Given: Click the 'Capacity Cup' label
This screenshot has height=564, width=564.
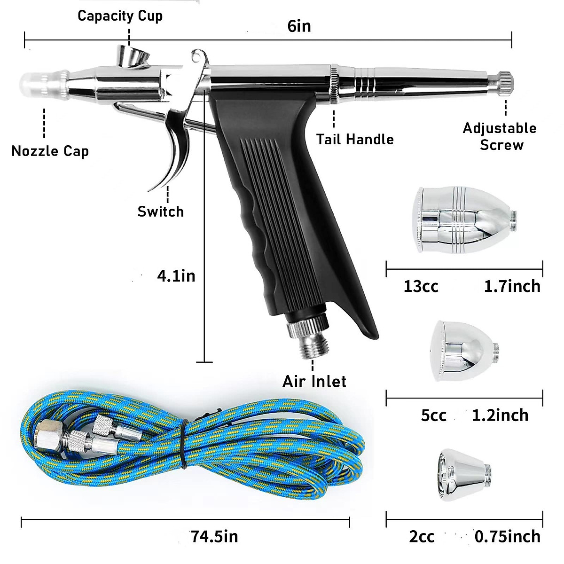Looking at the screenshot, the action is click(x=120, y=16).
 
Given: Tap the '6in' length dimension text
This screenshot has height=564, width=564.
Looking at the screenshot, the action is click(x=299, y=26).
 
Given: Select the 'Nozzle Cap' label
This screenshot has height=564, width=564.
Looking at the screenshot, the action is click(x=50, y=151).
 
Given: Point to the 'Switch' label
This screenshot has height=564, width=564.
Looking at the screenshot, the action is click(x=160, y=211).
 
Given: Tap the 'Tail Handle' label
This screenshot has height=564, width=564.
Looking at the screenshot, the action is click(x=355, y=139).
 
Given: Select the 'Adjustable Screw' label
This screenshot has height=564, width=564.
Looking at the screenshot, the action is click(x=500, y=136).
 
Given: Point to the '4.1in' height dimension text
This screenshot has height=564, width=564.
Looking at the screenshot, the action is click(x=176, y=275).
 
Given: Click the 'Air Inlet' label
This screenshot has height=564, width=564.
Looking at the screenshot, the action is click(x=314, y=381).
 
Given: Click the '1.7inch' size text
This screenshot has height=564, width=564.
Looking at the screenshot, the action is click(x=512, y=286).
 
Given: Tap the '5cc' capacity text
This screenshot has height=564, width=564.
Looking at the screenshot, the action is click(x=433, y=415).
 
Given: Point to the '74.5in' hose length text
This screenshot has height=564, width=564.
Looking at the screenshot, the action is click(x=214, y=536).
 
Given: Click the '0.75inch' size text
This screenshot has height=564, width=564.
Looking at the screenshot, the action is click(x=507, y=536).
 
